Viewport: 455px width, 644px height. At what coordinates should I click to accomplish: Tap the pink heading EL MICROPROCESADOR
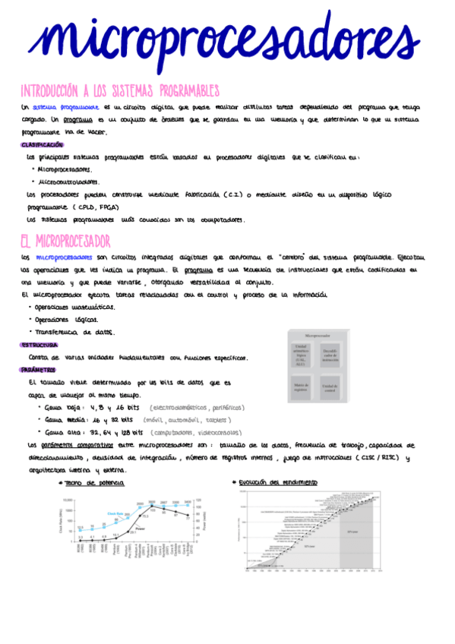tap(65, 241)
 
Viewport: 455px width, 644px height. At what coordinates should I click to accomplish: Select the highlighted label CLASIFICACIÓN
tap(43, 144)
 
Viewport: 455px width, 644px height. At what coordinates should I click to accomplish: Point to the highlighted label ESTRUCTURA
tap(40, 345)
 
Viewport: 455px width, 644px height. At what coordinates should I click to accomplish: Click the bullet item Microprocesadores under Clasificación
tap(64, 169)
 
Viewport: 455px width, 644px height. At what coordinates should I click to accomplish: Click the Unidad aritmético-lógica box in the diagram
tap(301, 354)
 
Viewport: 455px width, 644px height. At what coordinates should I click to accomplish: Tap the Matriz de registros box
tap(301, 387)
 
